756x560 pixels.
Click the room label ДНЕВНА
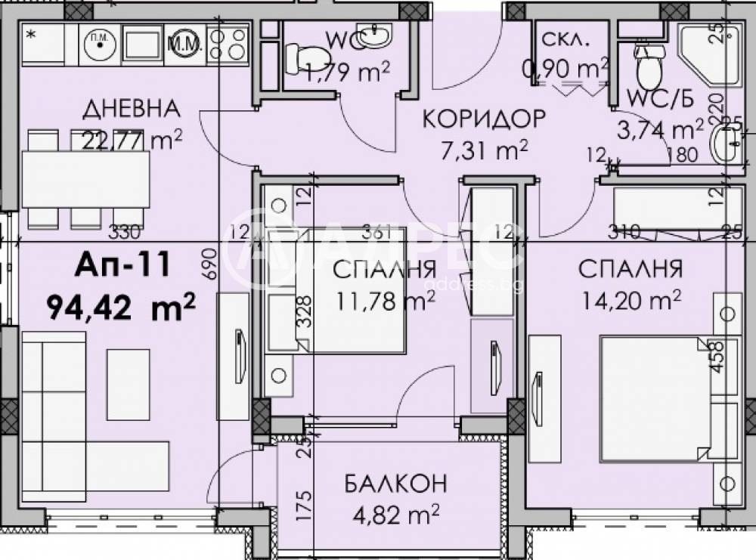coord(132,109)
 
